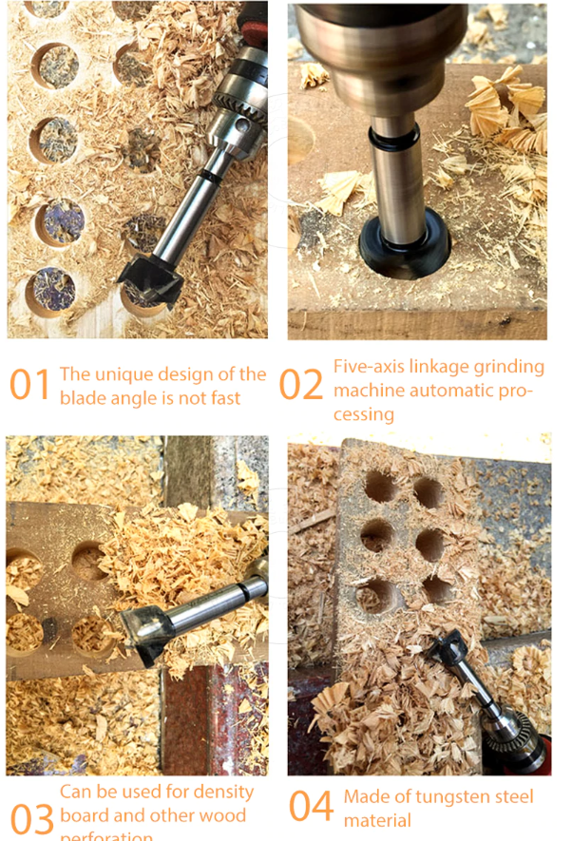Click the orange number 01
tap(29, 385)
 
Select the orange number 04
tap(312, 806)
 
